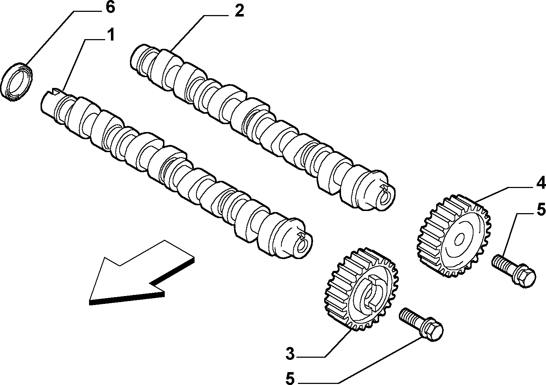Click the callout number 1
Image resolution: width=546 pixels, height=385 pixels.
click(x=111, y=35)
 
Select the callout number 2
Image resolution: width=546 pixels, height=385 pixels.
click(x=239, y=11)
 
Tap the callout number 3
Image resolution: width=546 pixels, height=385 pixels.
click(x=290, y=354)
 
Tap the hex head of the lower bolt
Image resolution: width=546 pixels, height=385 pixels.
click(x=434, y=330)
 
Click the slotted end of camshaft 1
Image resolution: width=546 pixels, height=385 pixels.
click(x=52, y=102)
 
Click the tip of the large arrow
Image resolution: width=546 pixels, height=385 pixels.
click(x=90, y=303)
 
